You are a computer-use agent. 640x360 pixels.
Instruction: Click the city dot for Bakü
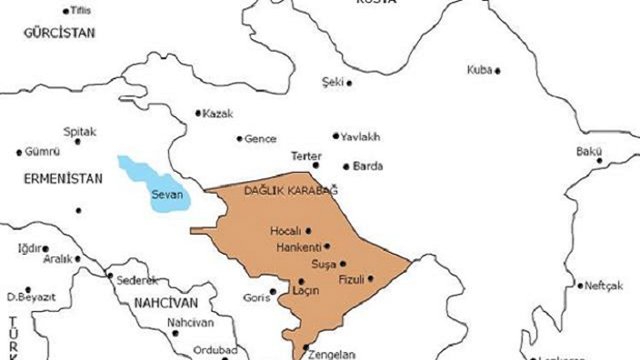(600, 160)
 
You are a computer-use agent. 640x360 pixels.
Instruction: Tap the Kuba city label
(479, 70)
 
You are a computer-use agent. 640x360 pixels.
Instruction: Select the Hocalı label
(286, 230)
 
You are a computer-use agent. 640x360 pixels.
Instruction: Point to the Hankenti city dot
(327, 246)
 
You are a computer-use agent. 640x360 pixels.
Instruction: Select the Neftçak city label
(604, 285)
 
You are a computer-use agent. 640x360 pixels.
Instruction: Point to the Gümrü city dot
(18, 153)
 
